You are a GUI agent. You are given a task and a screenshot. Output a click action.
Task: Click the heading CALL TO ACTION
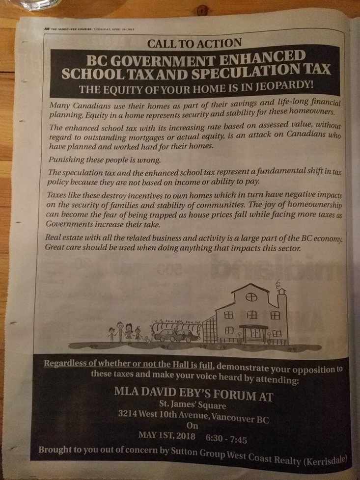coord(194,43)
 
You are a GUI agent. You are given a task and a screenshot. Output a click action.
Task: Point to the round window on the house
coord(250,297)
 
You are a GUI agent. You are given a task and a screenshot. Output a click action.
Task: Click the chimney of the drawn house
coord(282,299)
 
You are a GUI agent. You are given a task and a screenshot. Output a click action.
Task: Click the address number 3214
coord(129,415)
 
